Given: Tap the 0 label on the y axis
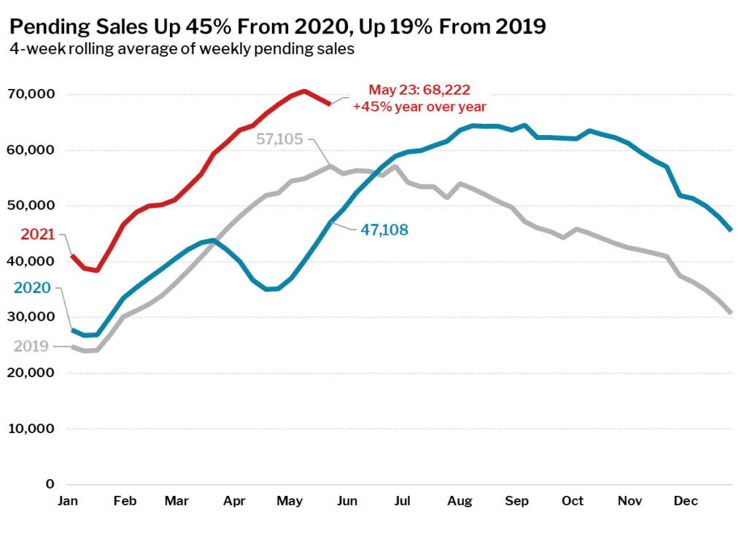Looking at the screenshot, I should (x=50, y=484).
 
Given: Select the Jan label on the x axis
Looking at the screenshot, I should (x=68, y=502).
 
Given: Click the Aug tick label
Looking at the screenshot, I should (x=459, y=502).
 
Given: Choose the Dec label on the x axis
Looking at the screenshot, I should (x=686, y=502).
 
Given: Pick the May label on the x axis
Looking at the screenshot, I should (x=290, y=502).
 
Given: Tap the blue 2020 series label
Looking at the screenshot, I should (x=32, y=288).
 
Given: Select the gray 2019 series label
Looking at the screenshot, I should (x=31, y=346).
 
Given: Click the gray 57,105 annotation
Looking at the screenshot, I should (x=279, y=139).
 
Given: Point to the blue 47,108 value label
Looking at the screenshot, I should (x=384, y=230).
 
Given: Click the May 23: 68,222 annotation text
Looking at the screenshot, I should (x=419, y=90).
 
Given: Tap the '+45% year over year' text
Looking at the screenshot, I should (x=419, y=106).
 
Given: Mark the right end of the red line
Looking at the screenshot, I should (x=330, y=104).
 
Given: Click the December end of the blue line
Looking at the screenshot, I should (x=731, y=230).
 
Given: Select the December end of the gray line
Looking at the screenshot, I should (x=731, y=313).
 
